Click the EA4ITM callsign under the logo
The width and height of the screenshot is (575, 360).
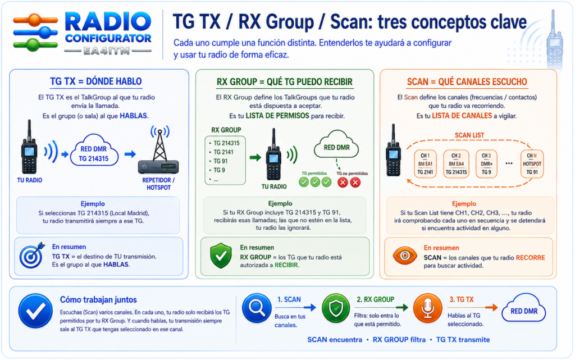(107, 51)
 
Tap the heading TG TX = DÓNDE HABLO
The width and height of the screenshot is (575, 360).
(95, 81)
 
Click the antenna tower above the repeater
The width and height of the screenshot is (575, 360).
(160, 144)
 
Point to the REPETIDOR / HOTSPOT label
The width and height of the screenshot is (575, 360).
(158, 184)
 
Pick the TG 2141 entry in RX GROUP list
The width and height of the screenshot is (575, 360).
(223, 152)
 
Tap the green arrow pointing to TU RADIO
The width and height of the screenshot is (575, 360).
(255, 158)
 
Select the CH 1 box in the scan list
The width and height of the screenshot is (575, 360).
(425, 164)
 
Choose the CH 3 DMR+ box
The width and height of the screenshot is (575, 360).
(486, 164)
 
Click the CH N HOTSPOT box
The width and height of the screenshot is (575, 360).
(532, 164)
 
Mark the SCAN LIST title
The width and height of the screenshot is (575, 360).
(469, 135)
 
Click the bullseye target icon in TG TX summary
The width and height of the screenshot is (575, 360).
(32, 255)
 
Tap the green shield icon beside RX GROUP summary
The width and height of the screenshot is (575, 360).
(221, 256)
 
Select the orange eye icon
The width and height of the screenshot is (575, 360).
(405, 256)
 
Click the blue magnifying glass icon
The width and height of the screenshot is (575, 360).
(257, 308)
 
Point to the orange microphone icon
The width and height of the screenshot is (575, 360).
(427, 308)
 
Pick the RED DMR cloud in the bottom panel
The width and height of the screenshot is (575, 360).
(524, 309)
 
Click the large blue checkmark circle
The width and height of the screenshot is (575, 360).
(35, 311)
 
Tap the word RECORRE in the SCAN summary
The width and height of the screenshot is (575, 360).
(530, 258)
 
